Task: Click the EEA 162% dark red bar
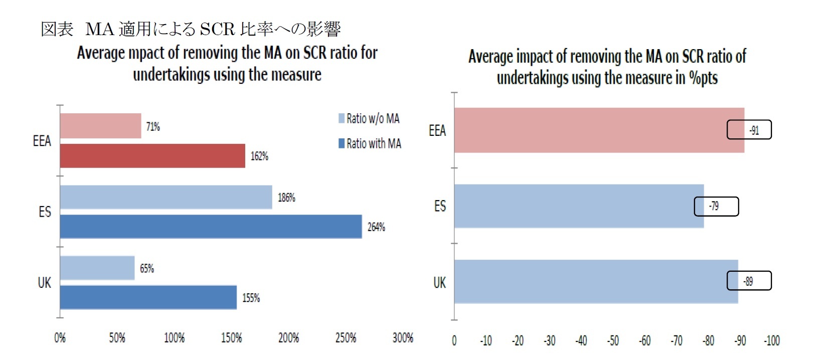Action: pyautogui.click(x=152, y=156)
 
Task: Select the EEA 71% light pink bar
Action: pyautogui.click(x=100, y=126)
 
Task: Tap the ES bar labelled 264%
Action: pyautogui.click(x=211, y=227)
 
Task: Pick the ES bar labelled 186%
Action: pyautogui.click(x=166, y=197)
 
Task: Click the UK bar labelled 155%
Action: pyautogui.click(x=148, y=297)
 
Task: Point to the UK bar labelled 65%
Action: pyautogui.click(x=97, y=268)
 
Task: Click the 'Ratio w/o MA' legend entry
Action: pyautogui.click(x=370, y=119)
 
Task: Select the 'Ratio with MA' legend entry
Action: pyautogui.click(x=370, y=144)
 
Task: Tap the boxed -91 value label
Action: pyautogui.click(x=749, y=130)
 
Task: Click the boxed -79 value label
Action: pyautogui.click(x=716, y=206)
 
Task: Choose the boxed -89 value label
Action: pyautogui.click(x=749, y=281)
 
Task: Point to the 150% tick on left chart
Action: pyautogui.click(x=231, y=338)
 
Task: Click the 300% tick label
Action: pyautogui.click(x=403, y=338)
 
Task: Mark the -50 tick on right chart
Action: pyautogui.click(x=613, y=341)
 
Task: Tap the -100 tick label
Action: pyautogui.click(x=771, y=341)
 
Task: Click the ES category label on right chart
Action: pyautogui.click(x=440, y=206)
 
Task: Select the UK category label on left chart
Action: pyautogui.click(x=45, y=283)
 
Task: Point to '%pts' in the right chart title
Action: pyautogui.click(x=703, y=78)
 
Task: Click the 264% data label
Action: pyautogui.click(x=376, y=227)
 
